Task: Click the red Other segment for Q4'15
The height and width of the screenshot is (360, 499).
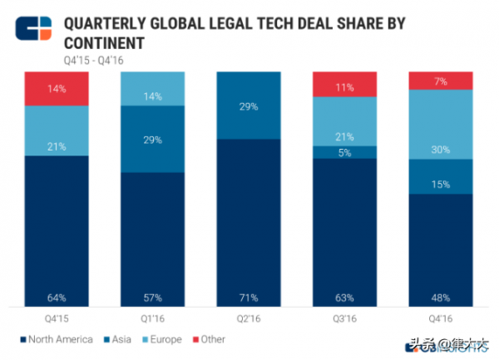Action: [x=57, y=88]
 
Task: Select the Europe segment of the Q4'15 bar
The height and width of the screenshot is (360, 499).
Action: [x=57, y=131]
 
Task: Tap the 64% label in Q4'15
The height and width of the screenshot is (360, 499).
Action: [x=57, y=297]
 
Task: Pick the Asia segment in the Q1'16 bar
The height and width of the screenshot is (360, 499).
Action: [x=152, y=139]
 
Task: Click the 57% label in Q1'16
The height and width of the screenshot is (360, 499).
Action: [x=152, y=297]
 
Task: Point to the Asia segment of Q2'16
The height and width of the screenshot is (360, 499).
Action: [x=249, y=106]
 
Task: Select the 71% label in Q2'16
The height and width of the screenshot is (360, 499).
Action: [x=249, y=297]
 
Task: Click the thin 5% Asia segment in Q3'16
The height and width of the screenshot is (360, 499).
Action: [x=344, y=152]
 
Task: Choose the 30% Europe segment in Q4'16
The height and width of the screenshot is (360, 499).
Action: [x=441, y=124]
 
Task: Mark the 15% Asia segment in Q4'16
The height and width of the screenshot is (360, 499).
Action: [x=441, y=176]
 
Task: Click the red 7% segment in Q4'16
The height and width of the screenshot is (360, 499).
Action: [x=441, y=80]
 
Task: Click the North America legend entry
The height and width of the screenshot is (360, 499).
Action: [x=58, y=339]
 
